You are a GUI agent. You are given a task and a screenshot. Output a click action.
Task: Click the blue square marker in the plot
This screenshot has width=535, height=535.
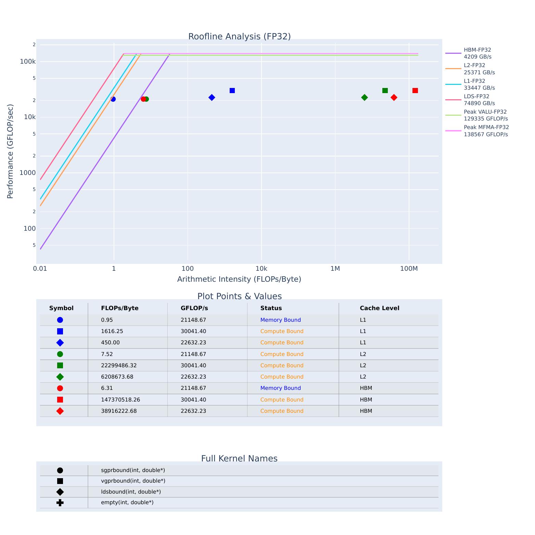pos(232,91)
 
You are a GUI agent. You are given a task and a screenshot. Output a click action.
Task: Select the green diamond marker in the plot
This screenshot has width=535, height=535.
pos(365,98)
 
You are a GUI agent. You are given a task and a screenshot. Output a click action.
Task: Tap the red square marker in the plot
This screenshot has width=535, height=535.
pos(415,91)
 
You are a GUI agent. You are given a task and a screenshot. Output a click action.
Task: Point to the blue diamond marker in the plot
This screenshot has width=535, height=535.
pos(212,98)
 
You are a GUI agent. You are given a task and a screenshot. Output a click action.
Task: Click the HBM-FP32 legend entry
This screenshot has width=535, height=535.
pos(477,53)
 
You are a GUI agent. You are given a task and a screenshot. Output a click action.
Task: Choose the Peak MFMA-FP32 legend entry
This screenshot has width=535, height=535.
pos(486,131)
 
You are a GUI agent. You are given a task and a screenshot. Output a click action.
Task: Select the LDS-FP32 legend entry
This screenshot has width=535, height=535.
pos(479,100)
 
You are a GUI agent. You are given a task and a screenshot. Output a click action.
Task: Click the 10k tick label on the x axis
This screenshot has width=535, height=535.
pos(261,269)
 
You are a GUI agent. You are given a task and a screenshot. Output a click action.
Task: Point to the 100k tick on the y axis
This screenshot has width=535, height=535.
pos(28,62)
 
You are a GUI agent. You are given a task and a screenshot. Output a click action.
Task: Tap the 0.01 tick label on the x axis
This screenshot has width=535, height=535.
pos(40,269)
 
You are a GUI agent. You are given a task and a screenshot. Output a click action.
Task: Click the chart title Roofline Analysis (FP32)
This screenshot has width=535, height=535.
pos(239,37)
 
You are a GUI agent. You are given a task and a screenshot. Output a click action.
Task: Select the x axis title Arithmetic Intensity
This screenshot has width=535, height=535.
pos(239,279)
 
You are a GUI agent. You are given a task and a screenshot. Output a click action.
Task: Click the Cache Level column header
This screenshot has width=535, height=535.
pos(379,308)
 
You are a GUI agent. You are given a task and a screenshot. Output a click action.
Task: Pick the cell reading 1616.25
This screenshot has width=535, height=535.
pos(112,331)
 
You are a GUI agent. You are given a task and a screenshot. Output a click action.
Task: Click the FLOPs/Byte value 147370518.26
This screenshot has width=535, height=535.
pos(120,400)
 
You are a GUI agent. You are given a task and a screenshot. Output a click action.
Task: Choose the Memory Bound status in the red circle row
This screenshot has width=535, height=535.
pos(280,388)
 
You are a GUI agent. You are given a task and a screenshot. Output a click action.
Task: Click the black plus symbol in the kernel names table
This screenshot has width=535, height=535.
pos(60,503)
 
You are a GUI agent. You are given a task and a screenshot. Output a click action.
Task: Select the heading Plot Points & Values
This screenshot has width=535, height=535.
pos(239,296)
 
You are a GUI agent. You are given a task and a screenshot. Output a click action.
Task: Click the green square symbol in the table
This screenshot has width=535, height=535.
pos(60,366)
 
